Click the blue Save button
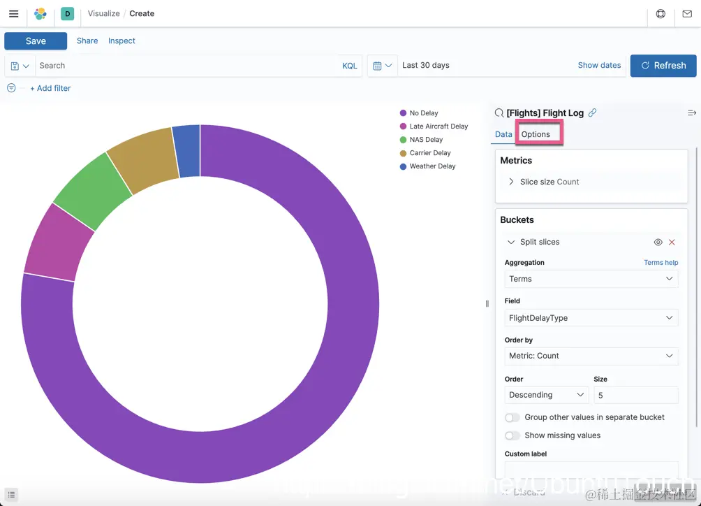click(36, 41)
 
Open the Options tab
click(536, 134)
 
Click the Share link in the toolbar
click(87, 41)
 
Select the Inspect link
click(121, 41)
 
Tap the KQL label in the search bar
click(349, 66)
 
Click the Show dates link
click(599, 65)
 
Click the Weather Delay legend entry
click(432, 166)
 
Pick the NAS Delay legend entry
click(426, 140)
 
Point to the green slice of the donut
click(91, 191)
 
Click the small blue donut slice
click(187, 150)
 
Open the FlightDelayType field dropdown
click(591, 318)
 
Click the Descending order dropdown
click(546, 395)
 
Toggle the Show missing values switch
click(513, 435)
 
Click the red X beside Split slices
click(672, 243)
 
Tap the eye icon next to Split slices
click(658, 243)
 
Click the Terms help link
click(661, 263)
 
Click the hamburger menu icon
click(13, 14)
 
